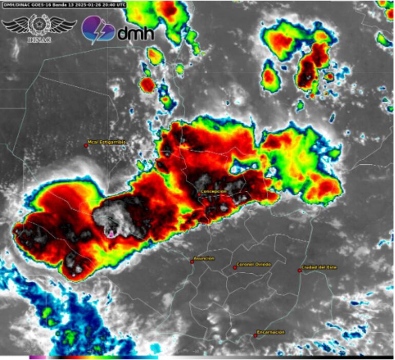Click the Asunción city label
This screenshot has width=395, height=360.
click(x=204, y=258)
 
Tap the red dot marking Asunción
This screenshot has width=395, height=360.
click(x=192, y=262)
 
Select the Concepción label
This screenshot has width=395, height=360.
click(x=213, y=191)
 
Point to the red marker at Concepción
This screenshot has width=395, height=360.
click(x=199, y=194)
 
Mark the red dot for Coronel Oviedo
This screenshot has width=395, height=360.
click(x=235, y=268)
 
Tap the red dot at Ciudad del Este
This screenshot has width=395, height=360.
click(x=300, y=270)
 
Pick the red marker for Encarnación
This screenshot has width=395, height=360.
click(x=255, y=336)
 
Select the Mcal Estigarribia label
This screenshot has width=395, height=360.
click(x=107, y=142)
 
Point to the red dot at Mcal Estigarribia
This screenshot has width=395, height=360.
click(x=86, y=145)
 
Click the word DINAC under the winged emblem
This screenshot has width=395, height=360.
click(x=38, y=39)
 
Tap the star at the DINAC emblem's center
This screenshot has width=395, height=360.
click(x=39, y=24)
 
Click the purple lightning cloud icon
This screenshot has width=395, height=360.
click(x=97, y=29)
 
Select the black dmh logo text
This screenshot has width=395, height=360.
click(x=135, y=33)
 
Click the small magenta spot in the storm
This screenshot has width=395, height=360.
click(x=111, y=234)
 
